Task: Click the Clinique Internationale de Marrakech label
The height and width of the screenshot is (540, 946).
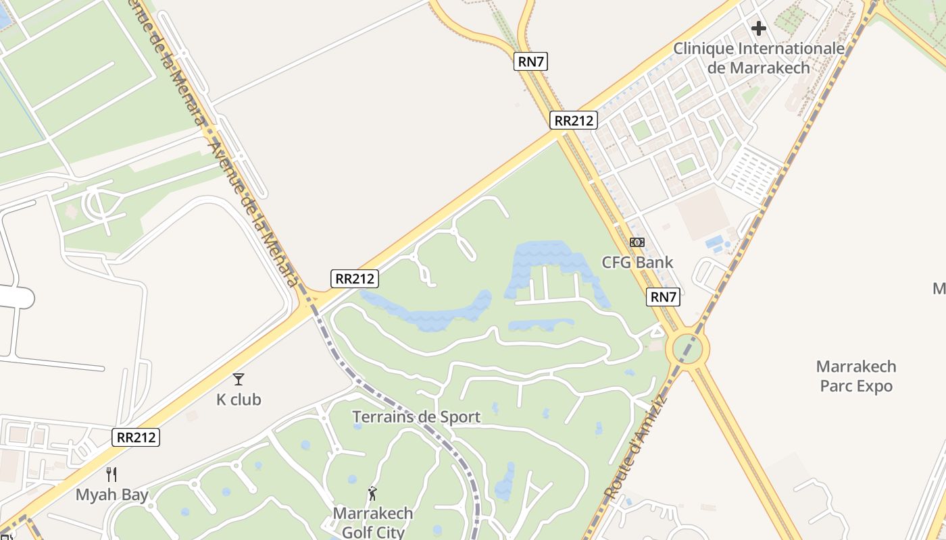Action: [759, 58]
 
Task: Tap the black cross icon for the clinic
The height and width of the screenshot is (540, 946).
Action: [759, 28]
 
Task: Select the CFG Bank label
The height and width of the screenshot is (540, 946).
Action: [637, 262]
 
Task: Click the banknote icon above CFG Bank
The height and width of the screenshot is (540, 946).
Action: [637, 242]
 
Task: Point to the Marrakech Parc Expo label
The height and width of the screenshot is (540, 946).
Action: [856, 376]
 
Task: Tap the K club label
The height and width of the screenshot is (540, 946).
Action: [239, 400]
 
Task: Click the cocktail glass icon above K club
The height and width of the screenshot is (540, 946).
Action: [239, 379]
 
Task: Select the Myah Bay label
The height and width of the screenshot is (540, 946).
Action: [111, 495]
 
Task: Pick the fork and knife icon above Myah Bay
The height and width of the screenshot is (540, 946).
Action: [111, 475]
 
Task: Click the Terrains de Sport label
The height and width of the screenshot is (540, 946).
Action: [416, 416]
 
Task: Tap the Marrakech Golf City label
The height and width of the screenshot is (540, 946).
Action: [372, 522]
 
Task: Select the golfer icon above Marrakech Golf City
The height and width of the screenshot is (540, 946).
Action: [372, 493]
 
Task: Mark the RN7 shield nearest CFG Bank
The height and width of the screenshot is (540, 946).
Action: [663, 296]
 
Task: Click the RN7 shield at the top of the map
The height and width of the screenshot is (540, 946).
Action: [530, 61]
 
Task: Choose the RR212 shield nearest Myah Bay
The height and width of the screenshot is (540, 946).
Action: [136, 437]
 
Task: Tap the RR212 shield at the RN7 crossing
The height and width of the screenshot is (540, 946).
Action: [574, 121]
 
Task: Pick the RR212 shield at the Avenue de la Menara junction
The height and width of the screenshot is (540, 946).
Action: [355, 278]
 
